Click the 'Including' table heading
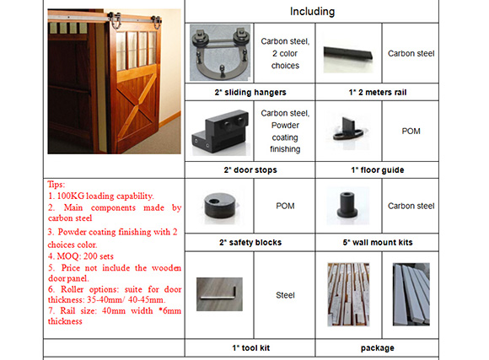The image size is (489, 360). pyautogui.click(x=312, y=12)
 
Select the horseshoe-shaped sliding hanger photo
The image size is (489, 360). pyautogui.click(x=220, y=53)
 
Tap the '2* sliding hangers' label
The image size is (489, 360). pyautogui.click(x=250, y=93)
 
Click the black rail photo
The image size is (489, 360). pyautogui.click(x=348, y=55)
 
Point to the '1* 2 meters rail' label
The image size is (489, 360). pyautogui.click(x=378, y=93)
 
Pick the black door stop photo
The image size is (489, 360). pyautogui.click(x=220, y=132)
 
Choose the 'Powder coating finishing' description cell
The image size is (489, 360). pyautogui.click(x=285, y=131)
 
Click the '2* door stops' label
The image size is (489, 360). pyautogui.click(x=250, y=170)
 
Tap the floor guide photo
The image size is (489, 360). pyautogui.click(x=348, y=130)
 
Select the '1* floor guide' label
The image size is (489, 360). pyautogui.click(x=378, y=170)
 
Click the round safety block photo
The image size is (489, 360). pyautogui.click(x=220, y=206)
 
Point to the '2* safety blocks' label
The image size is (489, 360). pyautogui.click(x=250, y=243)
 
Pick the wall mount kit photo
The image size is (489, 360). pyautogui.click(x=348, y=205)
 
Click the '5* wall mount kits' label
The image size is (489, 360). pyautogui.click(x=378, y=243)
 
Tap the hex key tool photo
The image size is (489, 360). pyautogui.click(x=219, y=294)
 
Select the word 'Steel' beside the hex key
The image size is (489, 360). pyautogui.click(x=285, y=295)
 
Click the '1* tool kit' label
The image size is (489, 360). pyautogui.click(x=250, y=348)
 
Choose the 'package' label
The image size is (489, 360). pyautogui.click(x=378, y=348)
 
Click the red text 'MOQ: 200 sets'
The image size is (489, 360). pyautogui.click(x=81, y=256)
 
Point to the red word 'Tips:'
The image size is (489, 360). pyautogui.click(x=56, y=185)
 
